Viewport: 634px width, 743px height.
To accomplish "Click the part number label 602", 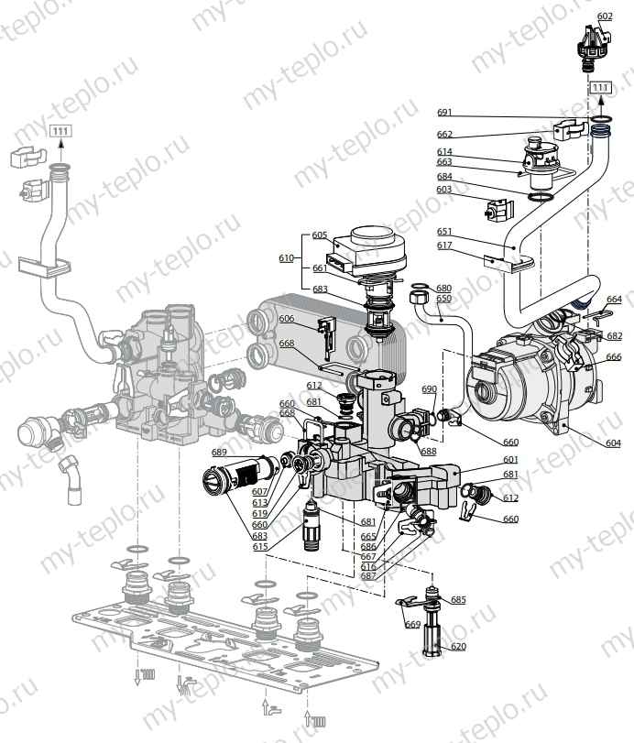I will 606,16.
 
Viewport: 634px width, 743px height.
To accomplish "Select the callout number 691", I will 444,113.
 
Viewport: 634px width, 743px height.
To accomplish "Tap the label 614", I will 444,151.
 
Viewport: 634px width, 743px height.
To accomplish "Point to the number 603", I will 444,189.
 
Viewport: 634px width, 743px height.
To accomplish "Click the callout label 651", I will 444,232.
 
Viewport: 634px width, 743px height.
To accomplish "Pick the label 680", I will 444,288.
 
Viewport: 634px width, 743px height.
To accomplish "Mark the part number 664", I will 614,299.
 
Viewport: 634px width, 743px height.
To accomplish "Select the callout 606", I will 287,318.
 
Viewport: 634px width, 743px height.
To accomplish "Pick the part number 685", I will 458,599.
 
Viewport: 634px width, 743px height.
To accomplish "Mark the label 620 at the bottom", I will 458,646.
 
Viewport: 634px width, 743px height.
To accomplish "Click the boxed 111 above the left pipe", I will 60,132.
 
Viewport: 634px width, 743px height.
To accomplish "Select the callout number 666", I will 614,356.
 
